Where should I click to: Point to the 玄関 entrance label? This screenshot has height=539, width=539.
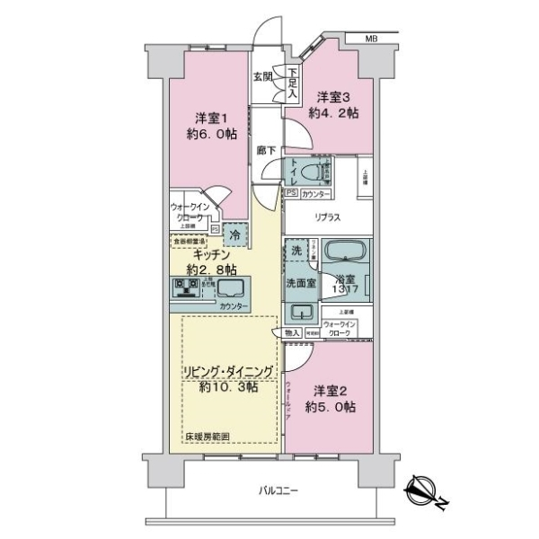point(262,76)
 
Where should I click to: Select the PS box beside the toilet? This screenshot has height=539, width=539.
point(291,192)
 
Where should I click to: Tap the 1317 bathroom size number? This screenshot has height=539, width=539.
point(347,290)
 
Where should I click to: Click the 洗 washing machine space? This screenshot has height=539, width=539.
point(295,252)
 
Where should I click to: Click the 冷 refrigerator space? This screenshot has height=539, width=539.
point(235,234)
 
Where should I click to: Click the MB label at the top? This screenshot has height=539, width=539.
point(372,38)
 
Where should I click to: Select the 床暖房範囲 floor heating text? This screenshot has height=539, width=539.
point(208,437)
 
